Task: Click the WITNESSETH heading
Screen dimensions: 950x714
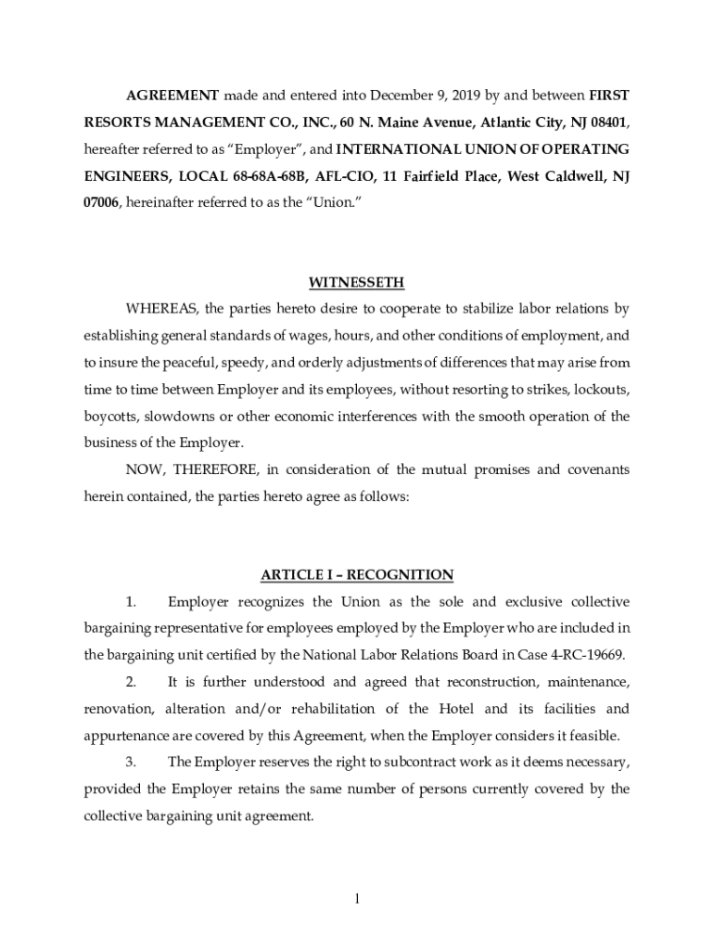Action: pyautogui.click(x=357, y=282)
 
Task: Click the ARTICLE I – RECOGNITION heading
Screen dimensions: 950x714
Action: pyautogui.click(x=357, y=575)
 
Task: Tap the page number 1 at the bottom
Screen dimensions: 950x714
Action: pyautogui.click(x=357, y=898)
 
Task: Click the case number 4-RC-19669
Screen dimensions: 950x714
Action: pyautogui.click(x=584, y=654)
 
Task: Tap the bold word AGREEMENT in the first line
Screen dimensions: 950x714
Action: pyautogui.click(x=172, y=96)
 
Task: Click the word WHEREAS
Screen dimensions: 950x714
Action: pyautogui.click(x=159, y=308)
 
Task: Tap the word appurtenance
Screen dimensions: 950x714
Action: pyautogui.click(x=129, y=737)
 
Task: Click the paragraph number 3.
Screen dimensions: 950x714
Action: pyautogui.click(x=132, y=763)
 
